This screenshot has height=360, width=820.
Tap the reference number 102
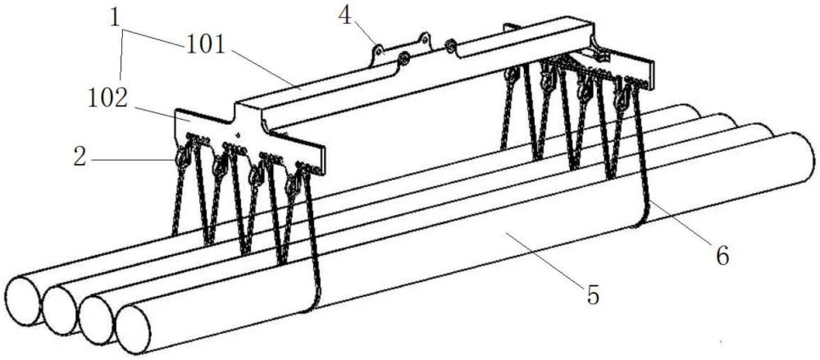[x=107, y=98]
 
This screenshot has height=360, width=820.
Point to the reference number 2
[x=80, y=157]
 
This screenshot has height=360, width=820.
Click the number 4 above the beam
[x=344, y=16]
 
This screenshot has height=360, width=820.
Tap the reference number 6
[x=722, y=256]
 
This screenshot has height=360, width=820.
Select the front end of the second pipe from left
[x=60, y=311]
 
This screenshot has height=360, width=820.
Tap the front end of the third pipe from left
[x=96, y=321]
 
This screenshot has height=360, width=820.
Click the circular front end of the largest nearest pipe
[x=133, y=330]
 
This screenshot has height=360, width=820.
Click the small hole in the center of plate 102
[x=238, y=135]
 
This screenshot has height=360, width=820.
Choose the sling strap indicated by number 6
[x=642, y=157]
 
